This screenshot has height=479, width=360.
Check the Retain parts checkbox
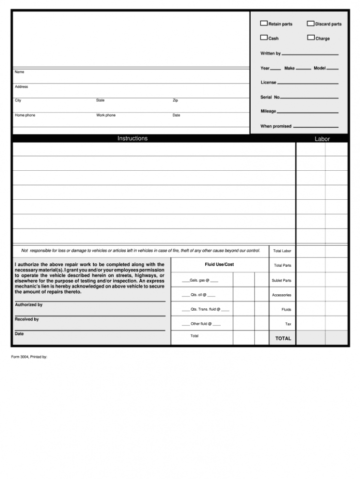click(x=264, y=23)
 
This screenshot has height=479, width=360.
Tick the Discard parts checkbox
click(x=311, y=23)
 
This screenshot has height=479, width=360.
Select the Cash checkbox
click(x=264, y=38)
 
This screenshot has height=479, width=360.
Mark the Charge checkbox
click(x=311, y=38)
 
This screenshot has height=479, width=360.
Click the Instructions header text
click(x=133, y=138)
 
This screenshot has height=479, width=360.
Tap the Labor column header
click(x=322, y=139)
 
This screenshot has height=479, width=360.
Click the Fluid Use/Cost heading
click(x=219, y=265)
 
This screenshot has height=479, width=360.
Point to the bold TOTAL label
click(x=283, y=338)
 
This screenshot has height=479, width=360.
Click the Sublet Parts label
click(x=281, y=280)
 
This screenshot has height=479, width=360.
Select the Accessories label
click(x=281, y=295)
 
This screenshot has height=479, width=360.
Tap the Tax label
click(x=288, y=324)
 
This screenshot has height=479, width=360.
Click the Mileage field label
click(x=268, y=111)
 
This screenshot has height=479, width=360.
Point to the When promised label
click(x=276, y=126)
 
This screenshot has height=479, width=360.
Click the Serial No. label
click(x=270, y=97)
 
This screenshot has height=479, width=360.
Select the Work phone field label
click(x=106, y=115)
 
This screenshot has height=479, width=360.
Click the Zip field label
click(x=175, y=100)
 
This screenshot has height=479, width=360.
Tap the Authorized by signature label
click(x=28, y=305)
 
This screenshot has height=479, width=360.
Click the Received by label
click(x=27, y=319)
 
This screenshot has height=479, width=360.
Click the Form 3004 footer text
click(x=29, y=357)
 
